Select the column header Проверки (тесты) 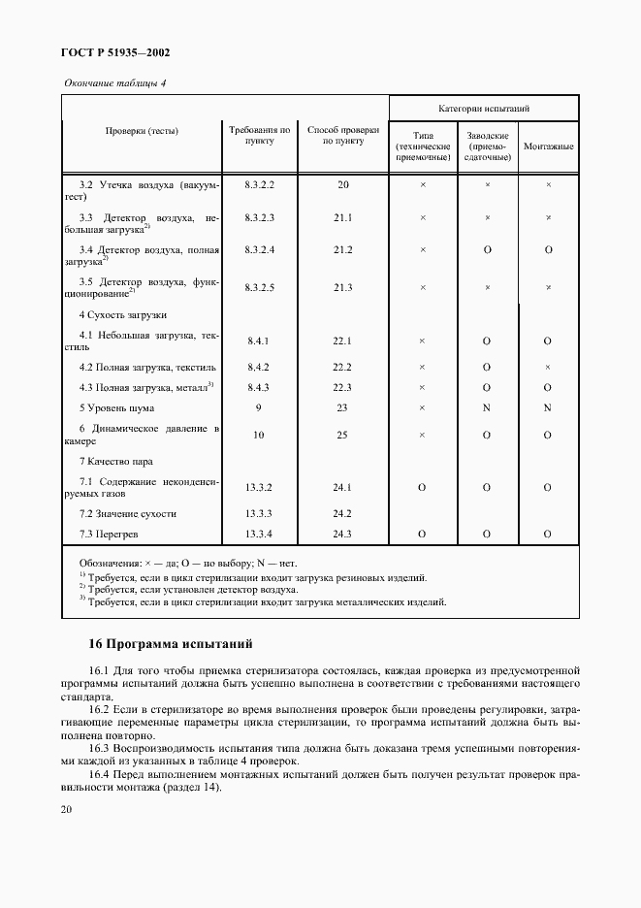click(142, 130)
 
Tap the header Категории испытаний click(483, 109)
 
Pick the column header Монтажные click(548, 146)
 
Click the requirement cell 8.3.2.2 click(260, 183)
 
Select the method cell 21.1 click(342, 217)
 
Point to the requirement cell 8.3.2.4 click(260, 250)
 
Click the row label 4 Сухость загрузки click(123, 315)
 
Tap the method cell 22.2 click(342, 368)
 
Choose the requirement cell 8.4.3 click(258, 388)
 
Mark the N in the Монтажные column click(547, 407)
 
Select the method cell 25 click(342, 435)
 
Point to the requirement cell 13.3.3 click(259, 513)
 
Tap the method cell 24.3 click(342, 534)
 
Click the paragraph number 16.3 click(101, 748)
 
